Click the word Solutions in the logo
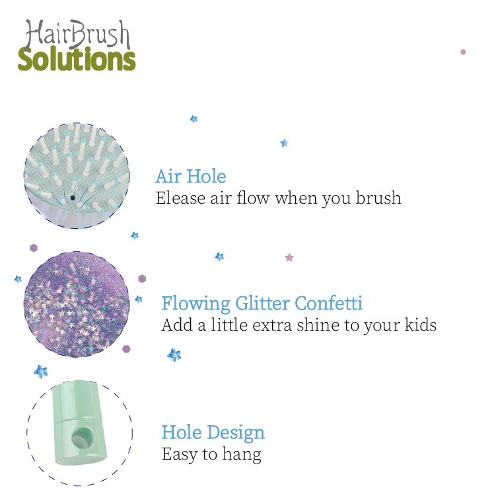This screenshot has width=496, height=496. click(x=77, y=59)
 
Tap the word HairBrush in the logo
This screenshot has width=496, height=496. click(x=77, y=34)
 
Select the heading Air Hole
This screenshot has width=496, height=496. click(x=191, y=176)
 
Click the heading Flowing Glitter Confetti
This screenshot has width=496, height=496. click(x=262, y=304)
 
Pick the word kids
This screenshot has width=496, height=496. click(x=421, y=325)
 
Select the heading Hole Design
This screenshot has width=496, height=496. click(x=213, y=433)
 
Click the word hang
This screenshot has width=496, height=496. click(x=242, y=454)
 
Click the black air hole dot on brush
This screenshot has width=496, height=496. click(x=73, y=198)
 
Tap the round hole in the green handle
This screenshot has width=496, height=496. click(x=83, y=437)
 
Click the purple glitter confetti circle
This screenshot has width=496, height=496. click(x=77, y=304)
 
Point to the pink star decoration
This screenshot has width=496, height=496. click(x=289, y=257)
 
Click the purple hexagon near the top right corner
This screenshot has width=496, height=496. click(x=463, y=52)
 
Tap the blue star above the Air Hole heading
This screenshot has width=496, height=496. click(x=285, y=143)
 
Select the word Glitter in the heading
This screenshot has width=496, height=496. click(x=262, y=304)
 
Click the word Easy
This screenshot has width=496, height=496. click(x=180, y=454)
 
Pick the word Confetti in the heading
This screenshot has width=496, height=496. click(x=329, y=303)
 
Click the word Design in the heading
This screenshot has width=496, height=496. click(x=236, y=433)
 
